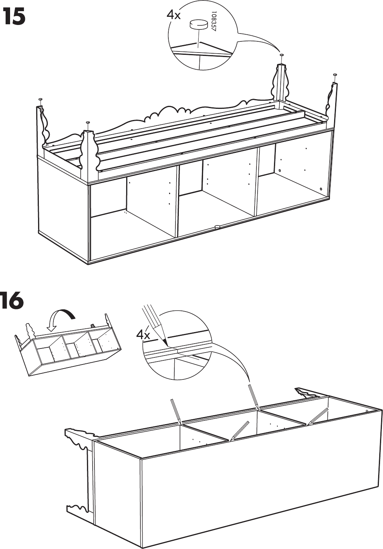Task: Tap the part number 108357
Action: (x=214, y=23)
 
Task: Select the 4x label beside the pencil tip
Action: (x=143, y=334)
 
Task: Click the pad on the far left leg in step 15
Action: (x=40, y=99)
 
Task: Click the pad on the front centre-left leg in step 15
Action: (x=88, y=122)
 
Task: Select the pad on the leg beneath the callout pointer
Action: (x=281, y=55)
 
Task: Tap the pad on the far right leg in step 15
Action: (x=335, y=75)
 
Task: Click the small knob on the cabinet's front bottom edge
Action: (x=217, y=226)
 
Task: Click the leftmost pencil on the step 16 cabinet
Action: (x=176, y=411)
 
